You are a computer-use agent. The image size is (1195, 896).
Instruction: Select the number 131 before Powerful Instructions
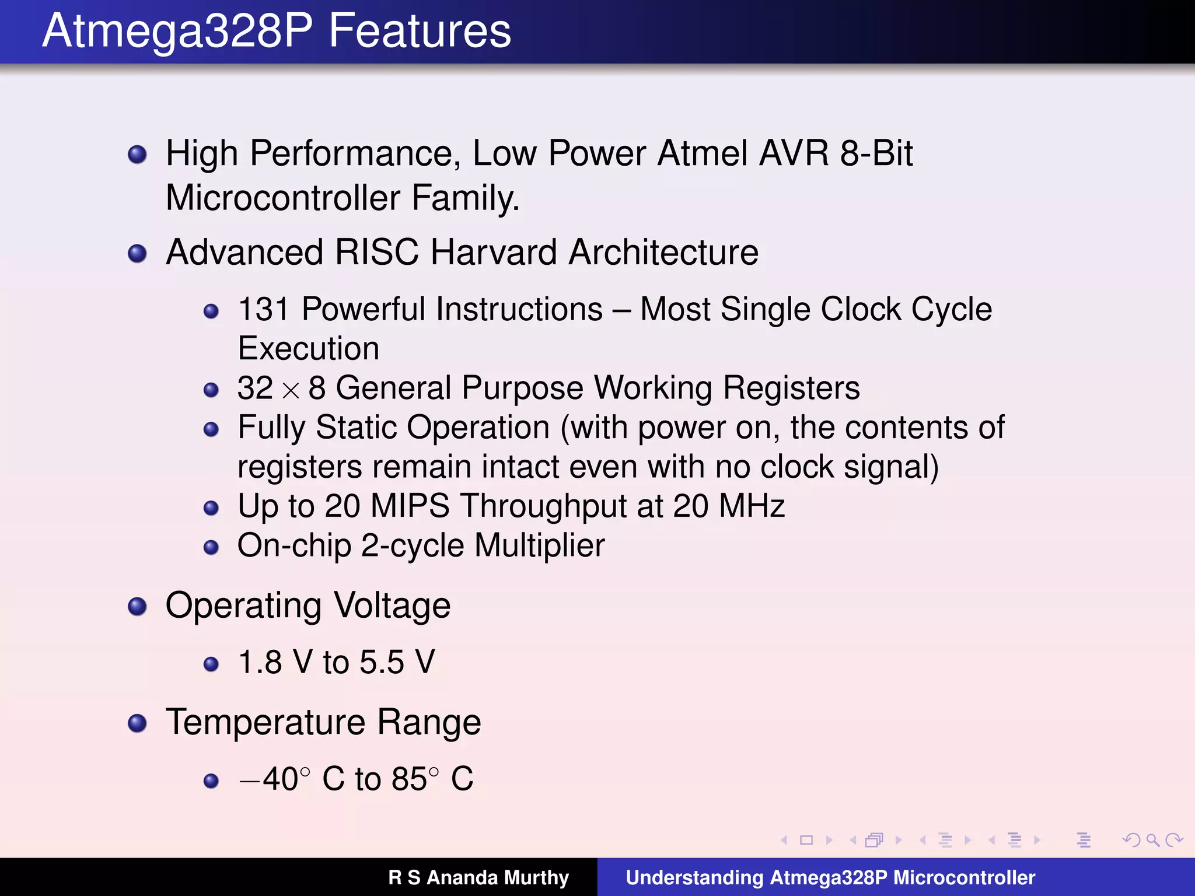[263, 309]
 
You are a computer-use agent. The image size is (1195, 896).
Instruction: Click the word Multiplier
[539, 545]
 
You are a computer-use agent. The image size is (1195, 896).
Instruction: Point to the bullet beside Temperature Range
[137, 723]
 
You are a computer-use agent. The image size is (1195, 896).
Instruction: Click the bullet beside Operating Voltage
[137, 607]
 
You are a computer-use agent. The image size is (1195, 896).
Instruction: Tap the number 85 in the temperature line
[409, 779]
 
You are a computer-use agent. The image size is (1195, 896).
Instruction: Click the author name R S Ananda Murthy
[478, 877]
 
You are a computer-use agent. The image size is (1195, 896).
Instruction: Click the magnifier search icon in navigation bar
[1152, 840]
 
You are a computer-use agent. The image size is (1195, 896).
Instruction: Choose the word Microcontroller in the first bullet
[284, 198]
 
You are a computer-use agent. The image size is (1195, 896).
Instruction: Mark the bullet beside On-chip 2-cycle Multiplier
[211, 547]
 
